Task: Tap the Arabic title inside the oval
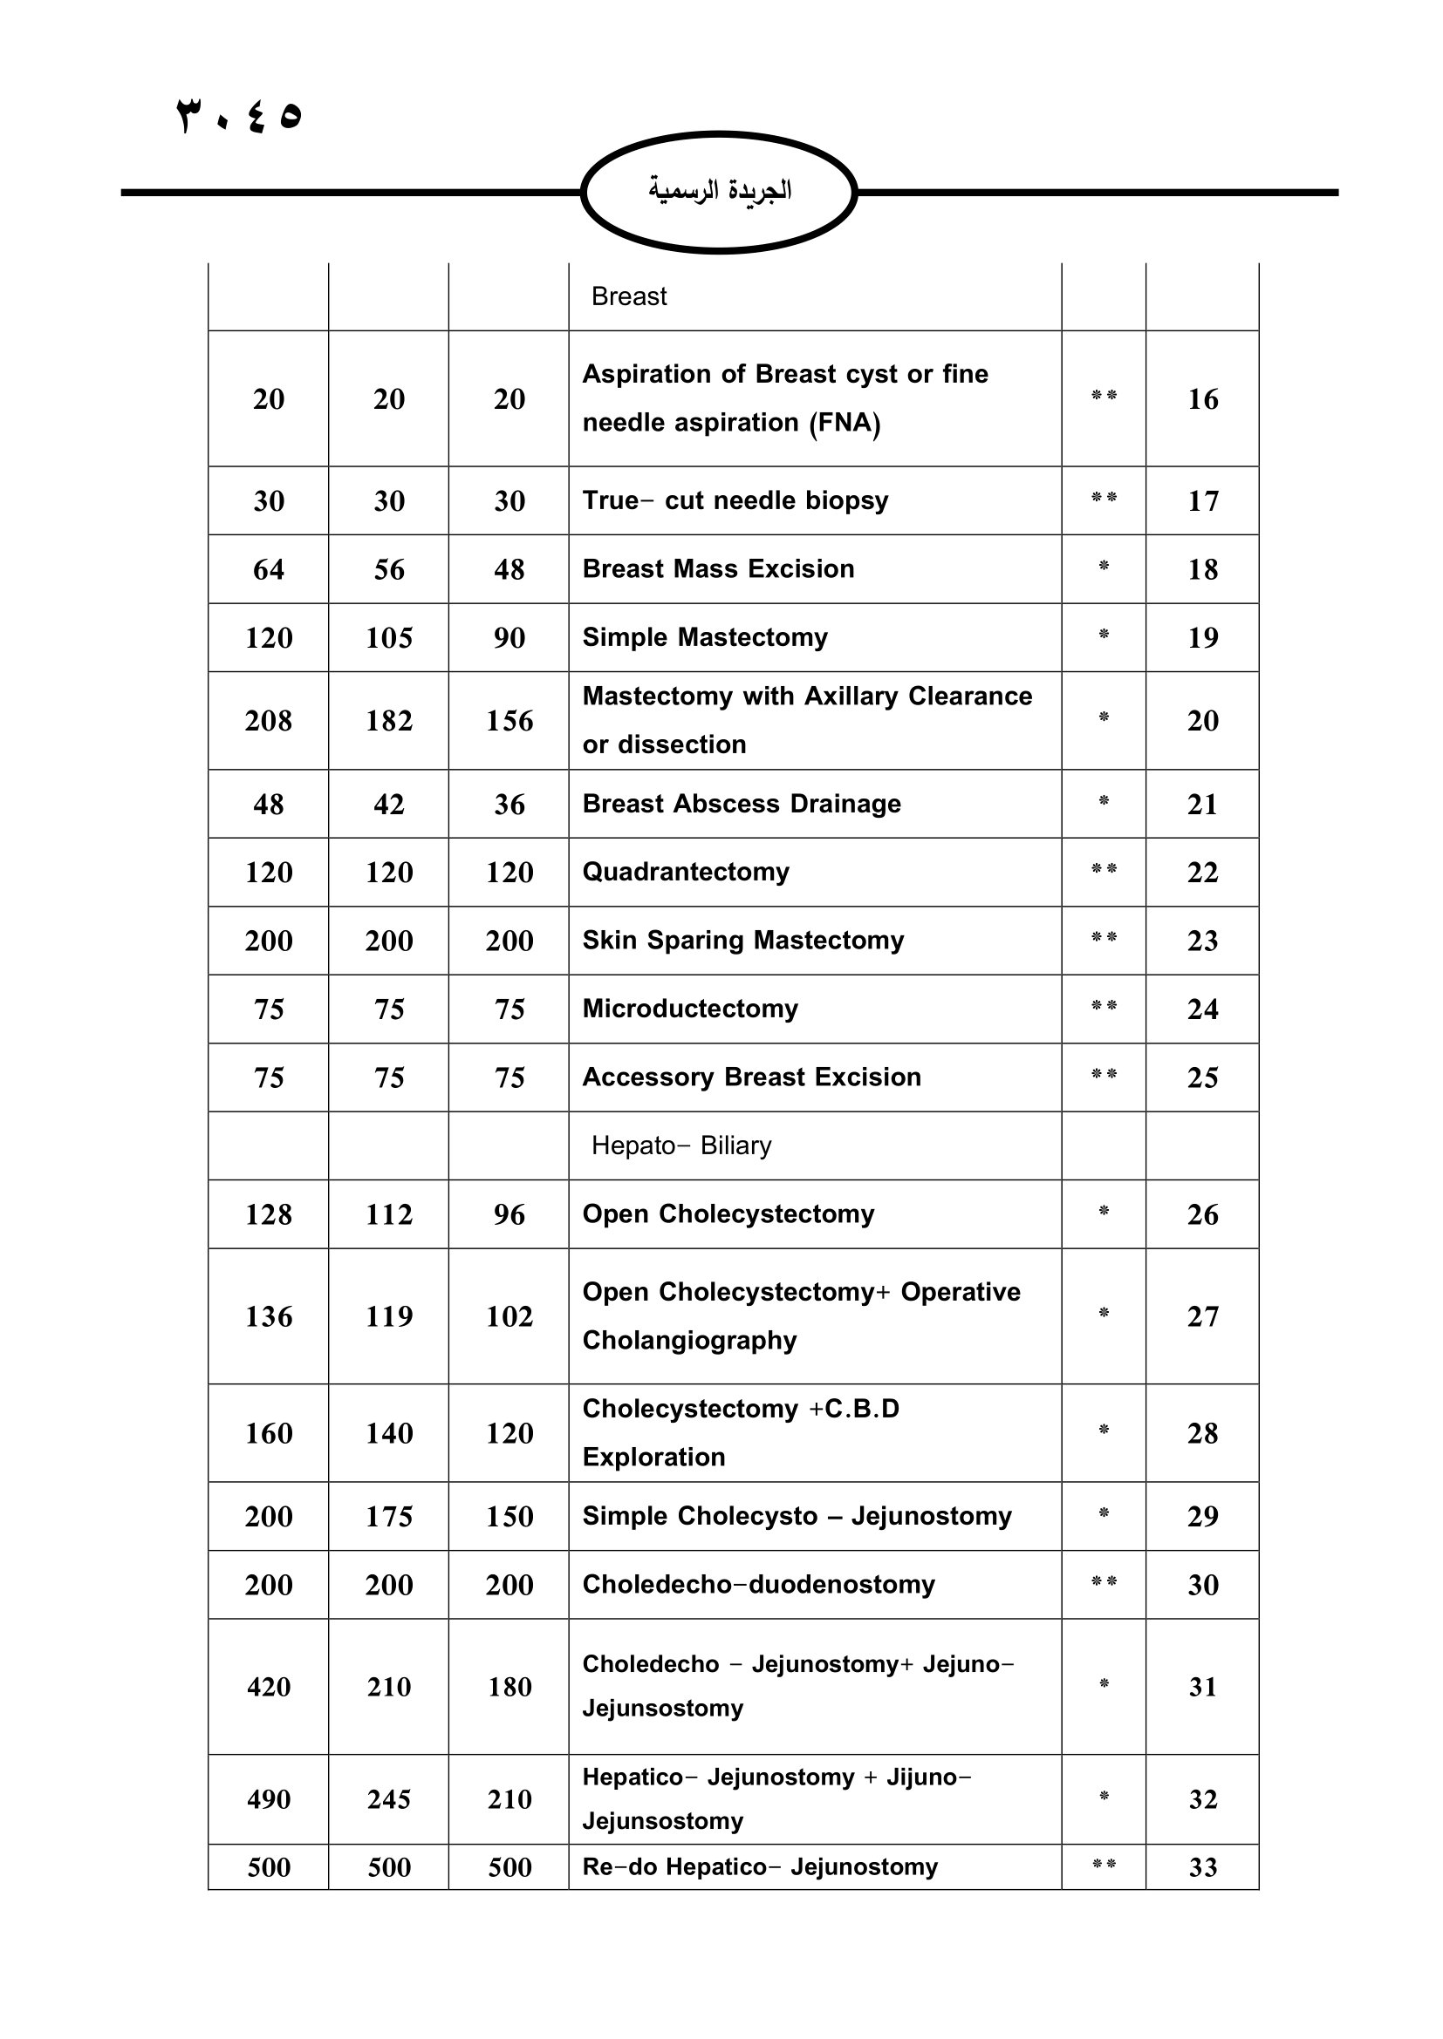719,190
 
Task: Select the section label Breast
628,296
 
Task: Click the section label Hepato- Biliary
680,1145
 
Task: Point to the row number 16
1202,398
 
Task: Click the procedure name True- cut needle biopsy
735,501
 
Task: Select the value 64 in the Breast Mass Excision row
269,569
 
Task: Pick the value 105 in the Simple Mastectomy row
388,637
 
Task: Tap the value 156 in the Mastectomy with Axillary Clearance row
509,720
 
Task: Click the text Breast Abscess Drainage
741,804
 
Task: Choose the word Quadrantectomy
685,872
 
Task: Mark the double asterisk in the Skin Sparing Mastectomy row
1104,938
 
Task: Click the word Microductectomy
689,1009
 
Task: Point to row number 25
1202,1077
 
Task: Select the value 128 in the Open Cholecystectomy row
269,1214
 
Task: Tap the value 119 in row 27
388,1316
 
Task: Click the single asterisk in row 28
1104,1430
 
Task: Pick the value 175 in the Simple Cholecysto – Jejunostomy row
388,1516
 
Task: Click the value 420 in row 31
269,1687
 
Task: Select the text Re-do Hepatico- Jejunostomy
760,1866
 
